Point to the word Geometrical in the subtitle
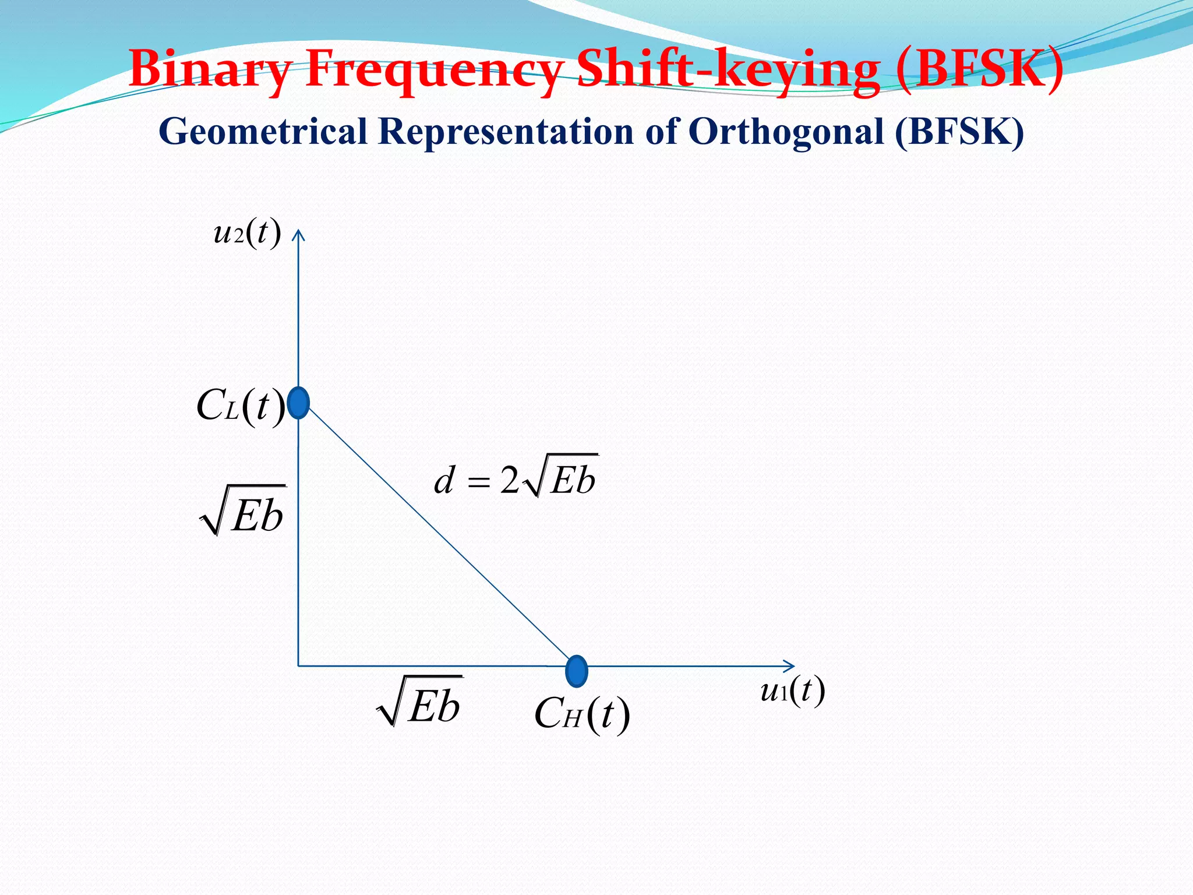263,131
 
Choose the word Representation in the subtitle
506,131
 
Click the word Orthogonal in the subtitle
786,131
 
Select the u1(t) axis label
793,691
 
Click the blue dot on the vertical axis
299,403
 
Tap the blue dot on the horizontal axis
577,671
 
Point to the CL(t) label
241,406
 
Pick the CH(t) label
582,714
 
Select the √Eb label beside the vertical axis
243,511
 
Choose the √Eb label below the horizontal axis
420,702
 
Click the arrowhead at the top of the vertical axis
298,235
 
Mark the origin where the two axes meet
298,665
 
